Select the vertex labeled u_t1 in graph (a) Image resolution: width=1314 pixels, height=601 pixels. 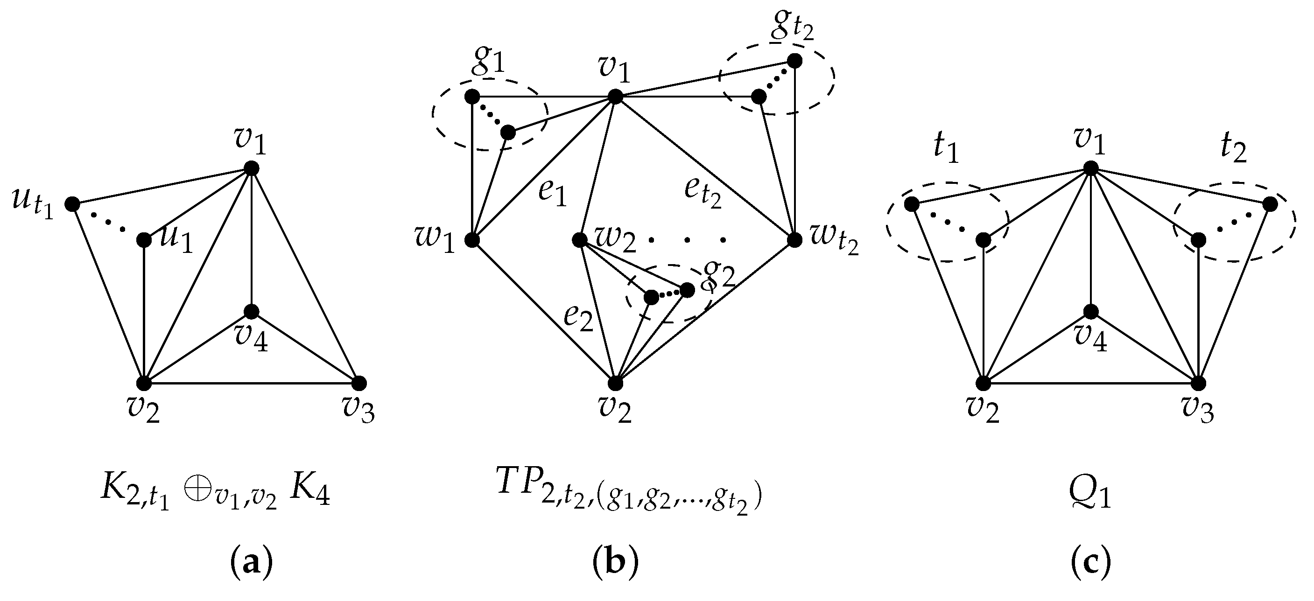(72, 204)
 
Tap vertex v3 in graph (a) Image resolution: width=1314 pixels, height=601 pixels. (359, 382)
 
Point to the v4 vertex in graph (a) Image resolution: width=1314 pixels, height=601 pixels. (252, 311)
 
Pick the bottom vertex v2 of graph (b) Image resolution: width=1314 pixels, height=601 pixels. (615, 382)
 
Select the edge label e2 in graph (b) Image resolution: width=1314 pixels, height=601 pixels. (578, 319)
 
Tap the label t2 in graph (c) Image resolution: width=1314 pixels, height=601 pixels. (1233, 149)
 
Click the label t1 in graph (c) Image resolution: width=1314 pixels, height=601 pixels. (946, 149)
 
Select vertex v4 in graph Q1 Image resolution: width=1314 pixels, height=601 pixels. (1090, 311)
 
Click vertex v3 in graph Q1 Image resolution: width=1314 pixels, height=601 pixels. (1198, 382)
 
